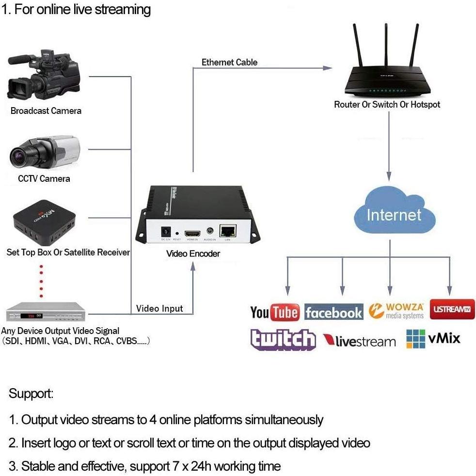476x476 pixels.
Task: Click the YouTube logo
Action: [274, 312]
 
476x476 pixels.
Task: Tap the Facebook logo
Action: [333, 313]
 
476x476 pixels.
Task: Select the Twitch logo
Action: [283, 339]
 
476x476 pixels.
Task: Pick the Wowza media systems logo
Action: [396, 311]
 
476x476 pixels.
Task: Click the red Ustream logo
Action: [452, 309]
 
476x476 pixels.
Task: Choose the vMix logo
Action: [433, 339]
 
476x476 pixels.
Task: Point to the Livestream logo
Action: [359, 341]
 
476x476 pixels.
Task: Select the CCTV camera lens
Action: [21, 156]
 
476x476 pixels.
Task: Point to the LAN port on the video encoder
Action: [227, 231]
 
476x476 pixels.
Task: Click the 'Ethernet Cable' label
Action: [229, 62]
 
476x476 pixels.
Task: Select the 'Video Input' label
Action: [159, 308]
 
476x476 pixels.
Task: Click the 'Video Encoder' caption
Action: [193, 254]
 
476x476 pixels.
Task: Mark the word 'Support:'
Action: [31, 394]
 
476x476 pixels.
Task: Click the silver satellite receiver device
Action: [45, 313]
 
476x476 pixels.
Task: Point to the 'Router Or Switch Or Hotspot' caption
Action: [387, 104]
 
